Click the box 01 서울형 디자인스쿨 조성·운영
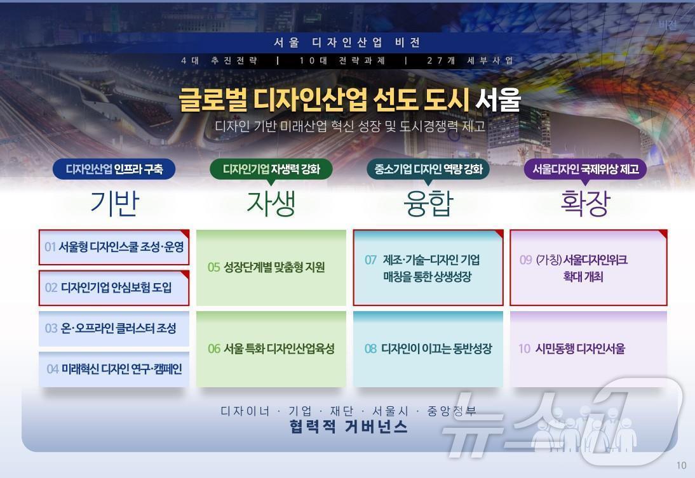pos(114,247)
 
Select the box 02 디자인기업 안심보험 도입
pos(114,288)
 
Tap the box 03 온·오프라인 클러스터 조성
pos(114,328)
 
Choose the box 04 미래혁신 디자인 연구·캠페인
pos(114,369)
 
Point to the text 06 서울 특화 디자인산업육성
pos(271,349)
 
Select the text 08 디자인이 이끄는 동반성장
pos(428,349)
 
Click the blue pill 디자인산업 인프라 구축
pos(114,169)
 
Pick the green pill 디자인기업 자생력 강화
pos(271,169)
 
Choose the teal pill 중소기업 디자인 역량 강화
pos(428,169)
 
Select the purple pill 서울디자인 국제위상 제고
pos(585,169)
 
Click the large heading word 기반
pos(114,203)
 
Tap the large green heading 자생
pos(271,203)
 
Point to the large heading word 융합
pos(428,203)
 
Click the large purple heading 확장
pos(585,203)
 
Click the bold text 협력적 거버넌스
pos(347,427)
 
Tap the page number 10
pos(681,465)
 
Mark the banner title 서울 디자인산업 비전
pos(347,43)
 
